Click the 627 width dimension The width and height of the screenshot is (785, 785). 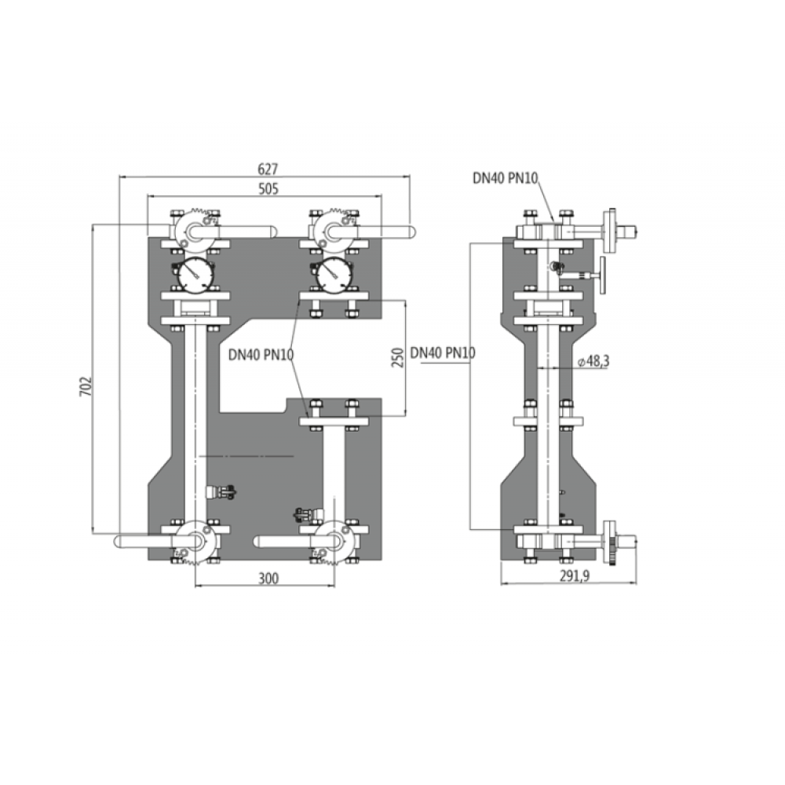click(268, 170)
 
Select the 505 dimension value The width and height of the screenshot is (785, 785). click(268, 188)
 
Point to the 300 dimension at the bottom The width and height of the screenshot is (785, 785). click(268, 579)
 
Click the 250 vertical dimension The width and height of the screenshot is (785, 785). click(397, 357)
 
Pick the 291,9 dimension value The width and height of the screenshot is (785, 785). click(575, 576)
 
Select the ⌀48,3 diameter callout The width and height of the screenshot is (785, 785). click(593, 361)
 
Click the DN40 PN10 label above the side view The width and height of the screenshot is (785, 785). click(505, 177)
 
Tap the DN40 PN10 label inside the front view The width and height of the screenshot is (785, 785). click(261, 355)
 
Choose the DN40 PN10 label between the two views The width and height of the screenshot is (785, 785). click(443, 353)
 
